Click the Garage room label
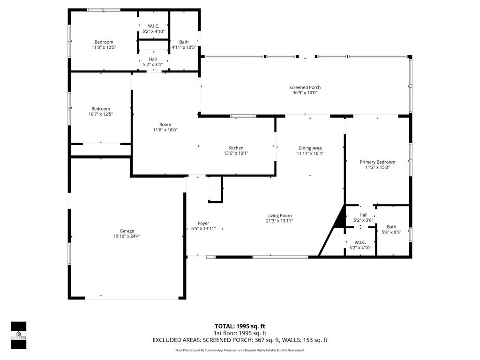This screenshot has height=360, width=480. click(x=127, y=231)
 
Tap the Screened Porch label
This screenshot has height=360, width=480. click(x=305, y=87)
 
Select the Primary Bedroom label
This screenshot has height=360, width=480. click(x=377, y=162)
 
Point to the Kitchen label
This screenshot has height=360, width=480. click(x=236, y=148)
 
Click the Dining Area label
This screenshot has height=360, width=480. click(x=310, y=148)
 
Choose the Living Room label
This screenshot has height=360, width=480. click(x=279, y=216)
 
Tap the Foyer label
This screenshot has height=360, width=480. click(x=203, y=223)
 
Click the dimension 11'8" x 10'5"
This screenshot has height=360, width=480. click(x=104, y=47)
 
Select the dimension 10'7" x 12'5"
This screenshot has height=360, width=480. click(x=101, y=114)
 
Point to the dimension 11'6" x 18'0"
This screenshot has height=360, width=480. click(x=165, y=130)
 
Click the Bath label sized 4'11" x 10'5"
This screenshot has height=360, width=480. click(x=184, y=42)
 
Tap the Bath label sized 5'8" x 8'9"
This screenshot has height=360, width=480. click(x=391, y=227)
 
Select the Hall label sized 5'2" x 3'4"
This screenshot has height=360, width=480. click(x=153, y=59)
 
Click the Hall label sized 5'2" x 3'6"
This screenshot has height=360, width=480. click(x=363, y=215)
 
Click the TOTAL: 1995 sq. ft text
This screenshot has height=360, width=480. click(x=240, y=326)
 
